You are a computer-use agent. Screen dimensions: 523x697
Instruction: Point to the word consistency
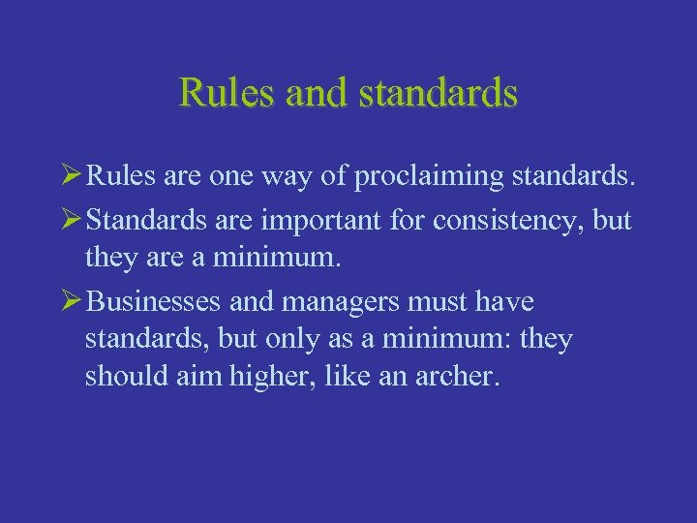[x=512, y=220]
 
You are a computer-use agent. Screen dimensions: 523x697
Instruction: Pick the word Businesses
[x=154, y=301]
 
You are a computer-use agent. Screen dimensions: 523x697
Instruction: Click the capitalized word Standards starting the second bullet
[x=145, y=220]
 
